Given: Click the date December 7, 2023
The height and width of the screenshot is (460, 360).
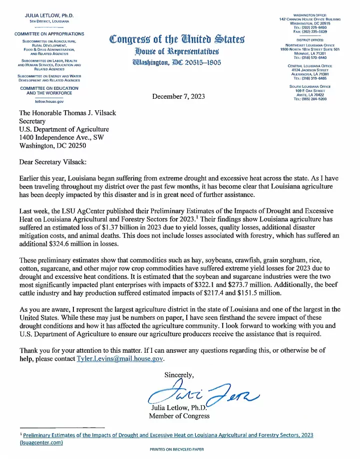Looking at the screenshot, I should (x=180, y=96).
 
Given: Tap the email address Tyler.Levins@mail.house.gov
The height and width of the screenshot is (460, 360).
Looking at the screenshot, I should (x=120, y=359).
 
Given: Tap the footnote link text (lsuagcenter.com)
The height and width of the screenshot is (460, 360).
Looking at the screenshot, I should (x=41, y=443).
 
